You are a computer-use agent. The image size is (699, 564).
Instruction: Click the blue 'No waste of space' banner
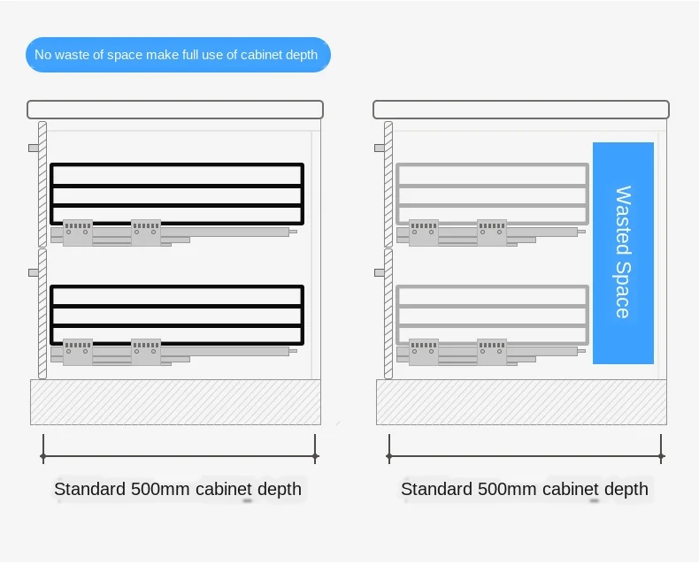click(x=177, y=55)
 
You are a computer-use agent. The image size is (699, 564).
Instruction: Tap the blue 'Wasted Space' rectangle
click(x=623, y=253)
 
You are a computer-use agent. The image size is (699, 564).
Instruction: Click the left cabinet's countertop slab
click(x=174, y=110)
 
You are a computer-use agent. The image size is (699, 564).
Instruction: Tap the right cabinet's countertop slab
click(x=520, y=110)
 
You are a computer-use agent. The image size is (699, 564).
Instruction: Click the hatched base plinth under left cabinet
click(x=175, y=402)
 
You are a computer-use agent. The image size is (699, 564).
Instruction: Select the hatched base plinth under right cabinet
click(x=521, y=402)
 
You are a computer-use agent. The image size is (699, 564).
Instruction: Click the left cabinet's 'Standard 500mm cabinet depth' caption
click(x=178, y=489)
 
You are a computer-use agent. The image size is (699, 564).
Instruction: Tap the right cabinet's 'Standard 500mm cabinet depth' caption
click(x=525, y=489)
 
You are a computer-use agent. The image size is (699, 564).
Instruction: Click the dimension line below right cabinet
click(x=525, y=456)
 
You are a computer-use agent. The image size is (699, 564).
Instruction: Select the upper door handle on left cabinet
click(x=34, y=148)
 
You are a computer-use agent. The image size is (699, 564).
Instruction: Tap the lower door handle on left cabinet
click(x=34, y=272)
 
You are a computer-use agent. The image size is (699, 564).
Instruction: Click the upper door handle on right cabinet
click(x=380, y=148)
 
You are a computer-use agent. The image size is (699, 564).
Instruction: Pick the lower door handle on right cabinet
click(x=380, y=272)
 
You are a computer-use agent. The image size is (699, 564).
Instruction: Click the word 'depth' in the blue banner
click(x=301, y=55)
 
